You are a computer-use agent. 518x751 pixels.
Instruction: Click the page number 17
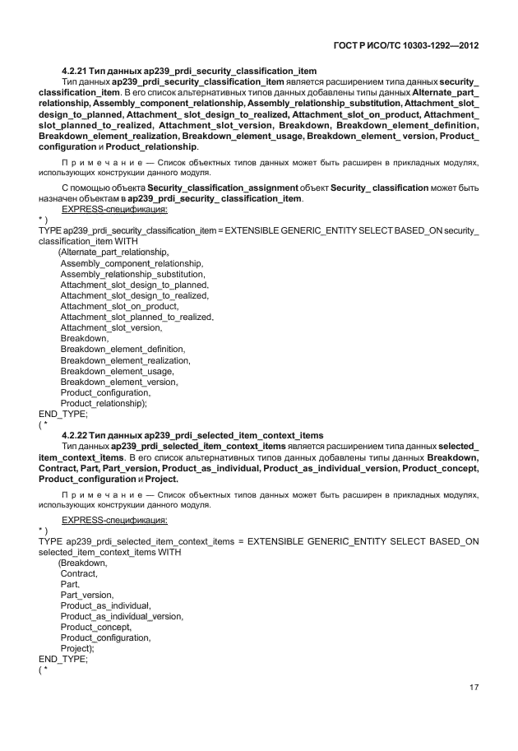[x=474, y=688]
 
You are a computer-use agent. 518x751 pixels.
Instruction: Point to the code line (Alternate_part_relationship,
[x=113, y=252]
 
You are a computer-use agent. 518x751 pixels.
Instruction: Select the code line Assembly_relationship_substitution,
[x=133, y=273]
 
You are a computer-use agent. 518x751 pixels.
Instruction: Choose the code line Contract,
[x=79, y=573]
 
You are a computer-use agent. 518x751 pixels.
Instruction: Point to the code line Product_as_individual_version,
[x=122, y=616]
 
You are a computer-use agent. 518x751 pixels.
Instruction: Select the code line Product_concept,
[x=96, y=627]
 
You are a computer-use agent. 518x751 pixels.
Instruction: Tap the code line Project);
[x=78, y=648]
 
